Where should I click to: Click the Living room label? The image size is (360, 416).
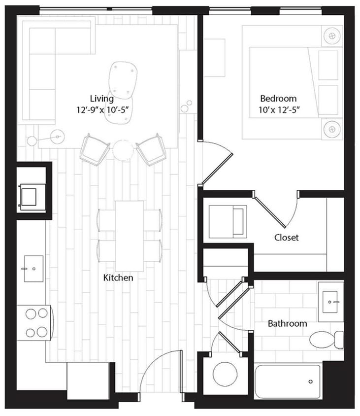coord(101,98)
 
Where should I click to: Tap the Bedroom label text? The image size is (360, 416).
coord(279,98)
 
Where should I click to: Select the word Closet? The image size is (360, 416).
coord(286,238)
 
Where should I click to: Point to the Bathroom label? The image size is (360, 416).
coord(287,323)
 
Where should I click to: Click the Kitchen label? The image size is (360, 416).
coord(118,278)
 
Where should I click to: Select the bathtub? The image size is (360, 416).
coord(287,381)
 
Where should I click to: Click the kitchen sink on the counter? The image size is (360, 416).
coord(33,269)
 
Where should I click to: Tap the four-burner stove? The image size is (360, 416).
coord(33,323)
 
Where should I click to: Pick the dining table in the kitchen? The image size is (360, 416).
coord(130,236)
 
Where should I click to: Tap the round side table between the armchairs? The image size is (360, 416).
coord(123,150)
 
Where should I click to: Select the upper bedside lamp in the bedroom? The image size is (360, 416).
coord(332,36)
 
